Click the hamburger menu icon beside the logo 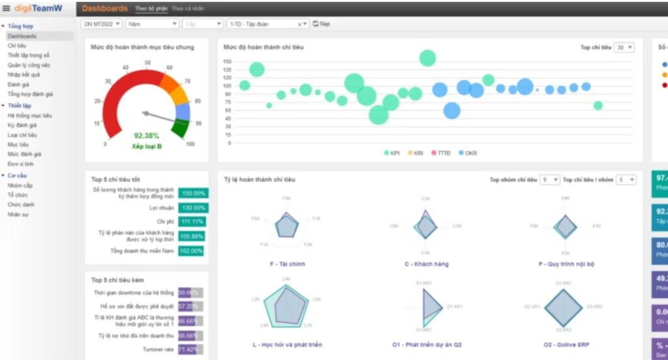pos(6,8)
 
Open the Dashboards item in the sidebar pos(22,36)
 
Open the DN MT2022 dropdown pos(102,23)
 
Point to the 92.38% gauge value pos(147,136)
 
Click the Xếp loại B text pos(147,146)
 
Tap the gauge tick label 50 pos(148,63)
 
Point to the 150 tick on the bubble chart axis pos(227,61)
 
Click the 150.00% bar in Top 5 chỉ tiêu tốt pos(193,193)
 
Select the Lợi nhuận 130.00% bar pos(193,208)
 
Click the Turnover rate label pos(159,350)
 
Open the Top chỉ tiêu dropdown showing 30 pos(624,48)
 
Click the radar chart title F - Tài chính pos(287,264)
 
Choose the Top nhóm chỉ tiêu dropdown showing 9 pos(549,179)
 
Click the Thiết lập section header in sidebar pos(20,106)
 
